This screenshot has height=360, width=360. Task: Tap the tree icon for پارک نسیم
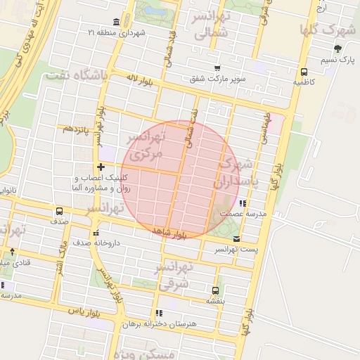(337, 49)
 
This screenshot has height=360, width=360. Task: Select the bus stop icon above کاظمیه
(304, 72)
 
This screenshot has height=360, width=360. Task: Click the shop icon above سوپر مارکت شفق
(217, 67)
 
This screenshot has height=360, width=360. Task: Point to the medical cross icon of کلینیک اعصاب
(101, 167)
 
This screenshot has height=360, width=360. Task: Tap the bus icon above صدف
(59, 210)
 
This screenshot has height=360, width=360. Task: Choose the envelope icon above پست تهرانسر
(236, 238)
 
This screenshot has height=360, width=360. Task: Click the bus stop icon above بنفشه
(216, 290)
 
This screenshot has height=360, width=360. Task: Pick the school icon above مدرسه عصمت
(243, 203)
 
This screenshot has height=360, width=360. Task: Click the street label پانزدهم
(76, 129)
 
